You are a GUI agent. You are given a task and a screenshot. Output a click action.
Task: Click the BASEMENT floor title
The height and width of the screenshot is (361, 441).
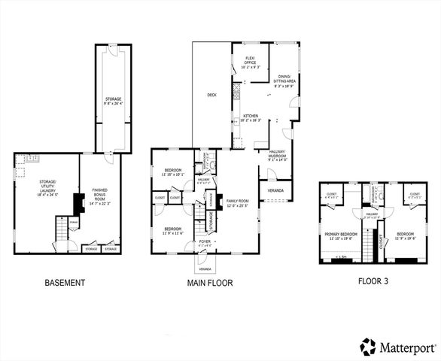pyautogui.click(x=64, y=284)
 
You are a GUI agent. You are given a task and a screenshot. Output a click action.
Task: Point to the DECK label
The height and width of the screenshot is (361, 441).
pyautogui.click(x=212, y=95)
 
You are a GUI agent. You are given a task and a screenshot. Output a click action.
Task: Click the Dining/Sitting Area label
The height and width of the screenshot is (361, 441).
pyautogui.click(x=286, y=80)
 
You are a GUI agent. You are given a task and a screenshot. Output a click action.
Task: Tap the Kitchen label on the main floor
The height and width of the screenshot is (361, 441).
pyautogui.click(x=251, y=117)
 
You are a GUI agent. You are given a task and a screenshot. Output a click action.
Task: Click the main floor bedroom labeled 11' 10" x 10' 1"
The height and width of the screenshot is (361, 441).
pyautogui.click(x=172, y=173)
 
